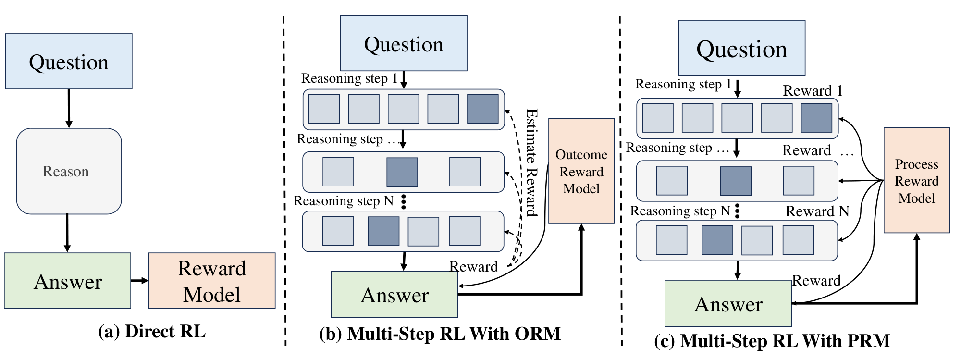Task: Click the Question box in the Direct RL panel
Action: (x=69, y=62)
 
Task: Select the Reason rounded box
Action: (x=69, y=171)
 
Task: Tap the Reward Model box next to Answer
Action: (x=211, y=281)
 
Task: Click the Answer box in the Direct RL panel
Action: (x=68, y=281)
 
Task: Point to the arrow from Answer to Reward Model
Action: (x=139, y=280)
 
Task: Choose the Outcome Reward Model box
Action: (x=581, y=171)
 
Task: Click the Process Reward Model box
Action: (x=916, y=181)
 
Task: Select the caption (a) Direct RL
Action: (x=152, y=332)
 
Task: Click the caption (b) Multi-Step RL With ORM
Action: (x=440, y=334)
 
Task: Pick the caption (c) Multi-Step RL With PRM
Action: (x=772, y=341)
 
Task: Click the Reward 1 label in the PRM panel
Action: (x=813, y=90)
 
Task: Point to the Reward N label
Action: (x=817, y=211)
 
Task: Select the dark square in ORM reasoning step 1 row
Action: (x=482, y=109)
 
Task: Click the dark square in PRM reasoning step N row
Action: (x=717, y=240)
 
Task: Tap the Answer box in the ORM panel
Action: (x=394, y=295)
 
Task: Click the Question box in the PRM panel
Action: (x=741, y=48)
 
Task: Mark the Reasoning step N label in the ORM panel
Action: (x=344, y=201)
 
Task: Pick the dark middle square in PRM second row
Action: (x=736, y=181)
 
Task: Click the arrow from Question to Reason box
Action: (x=69, y=108)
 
